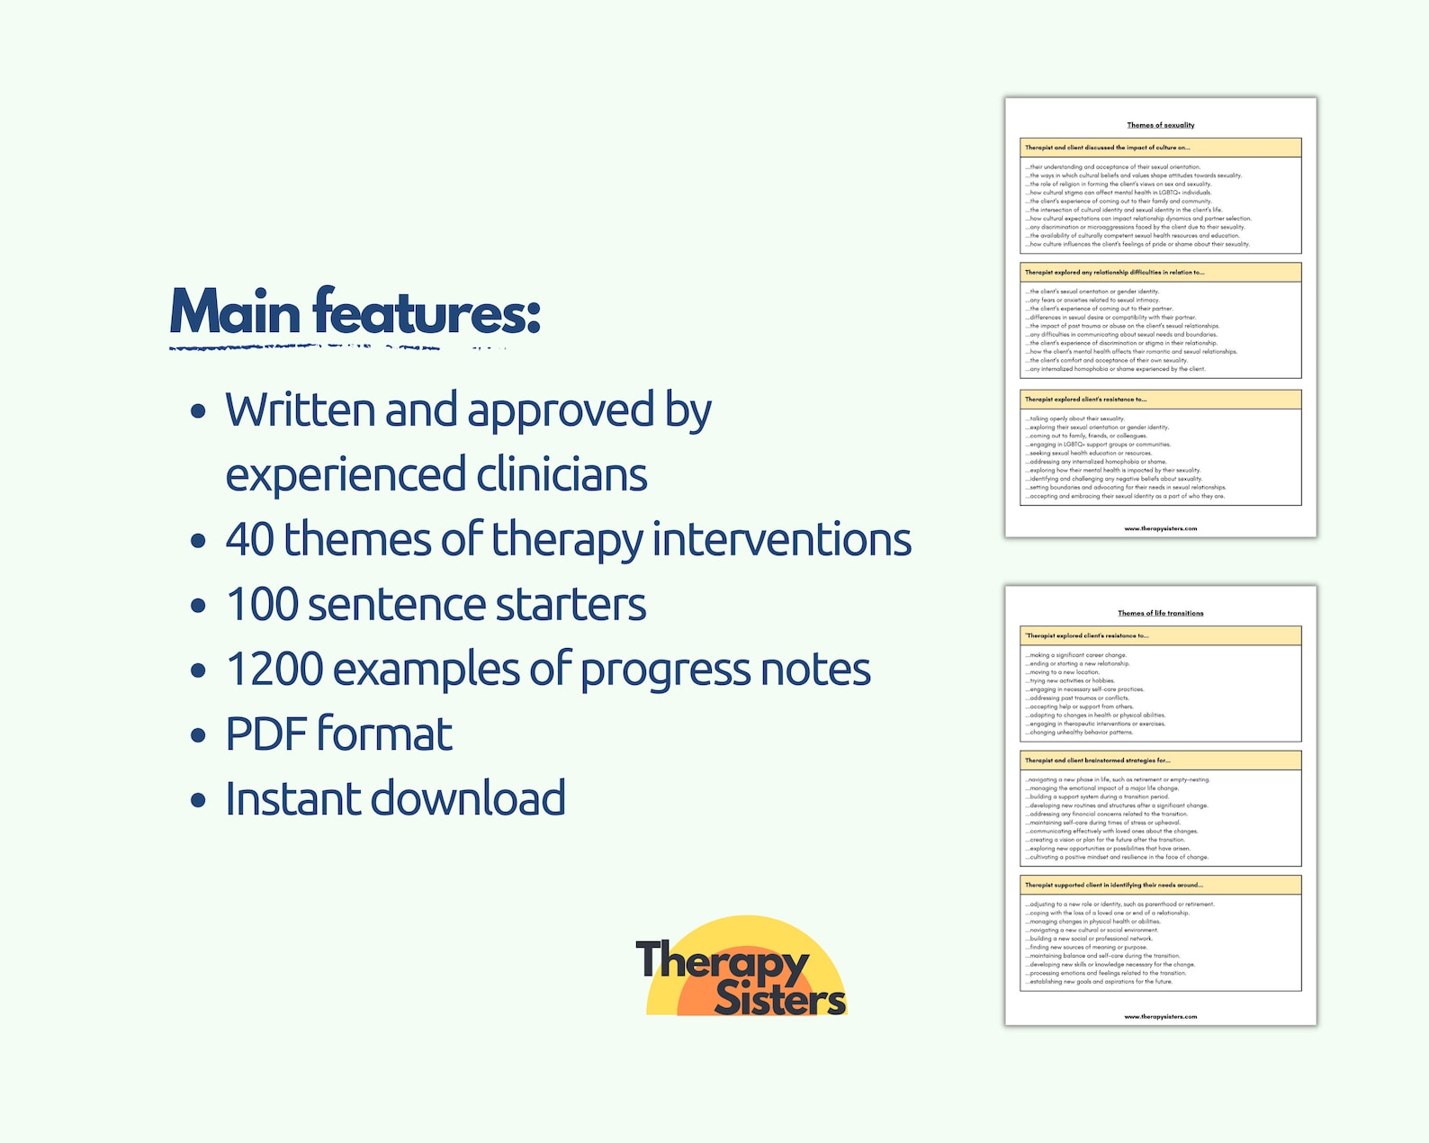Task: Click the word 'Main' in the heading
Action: point(235,312)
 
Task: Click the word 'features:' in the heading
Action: point(427,312)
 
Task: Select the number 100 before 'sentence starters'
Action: point(261,604)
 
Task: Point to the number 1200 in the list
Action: point(274,669)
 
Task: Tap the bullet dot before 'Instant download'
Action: point(198,800)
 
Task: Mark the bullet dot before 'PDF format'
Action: point(198,735)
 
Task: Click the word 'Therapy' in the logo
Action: point(722,962)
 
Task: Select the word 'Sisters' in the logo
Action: point(779,999)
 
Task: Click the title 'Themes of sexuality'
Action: point(1161,125)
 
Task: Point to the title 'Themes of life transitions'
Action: point(1161,613)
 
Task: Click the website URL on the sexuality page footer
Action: point(1161,528)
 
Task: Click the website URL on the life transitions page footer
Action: point(1161,1016)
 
